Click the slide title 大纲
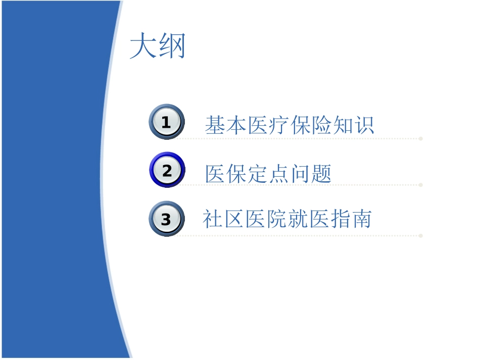point(158,47)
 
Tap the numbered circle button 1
point(166,122)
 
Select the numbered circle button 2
point(167,171)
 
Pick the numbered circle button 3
point(166,220)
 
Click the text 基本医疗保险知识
point(290,125)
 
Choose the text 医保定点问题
point(268,174)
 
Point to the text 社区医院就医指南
point(287,220)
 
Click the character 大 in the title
point(143,47)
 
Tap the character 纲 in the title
point(172,47)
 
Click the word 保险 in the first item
point(311,125)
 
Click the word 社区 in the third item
point(223,220)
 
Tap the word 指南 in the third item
point(351,220)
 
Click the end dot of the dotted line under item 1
point(421,138)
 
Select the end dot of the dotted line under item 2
point(421,185)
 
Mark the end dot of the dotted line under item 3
point(421,235)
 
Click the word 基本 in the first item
point(226,125)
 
